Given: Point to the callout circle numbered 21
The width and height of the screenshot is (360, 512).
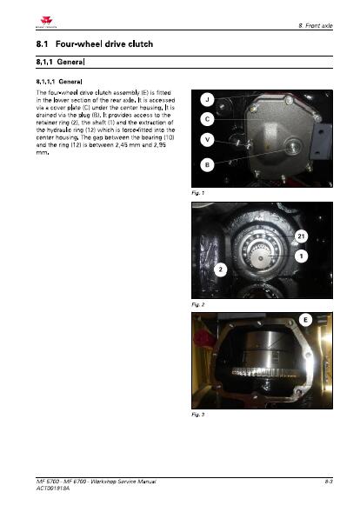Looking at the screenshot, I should point(301,237).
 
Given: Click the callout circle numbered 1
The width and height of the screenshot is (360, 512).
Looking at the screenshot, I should point(300,256).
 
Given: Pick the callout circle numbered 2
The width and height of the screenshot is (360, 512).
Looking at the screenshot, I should point(221,269).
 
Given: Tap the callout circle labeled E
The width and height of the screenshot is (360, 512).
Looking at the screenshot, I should point(306,320).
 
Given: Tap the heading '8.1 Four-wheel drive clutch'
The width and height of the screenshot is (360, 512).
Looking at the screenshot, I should point(90,43).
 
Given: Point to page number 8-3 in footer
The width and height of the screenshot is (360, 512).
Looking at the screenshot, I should point(325,481).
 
